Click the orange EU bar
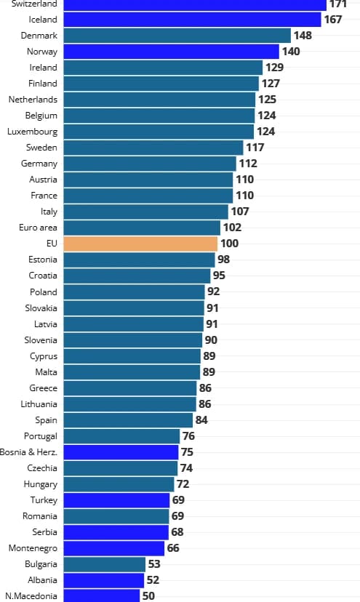(x=140, y=244)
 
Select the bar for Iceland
(x=192, y=20)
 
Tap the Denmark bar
(x=177, y=36)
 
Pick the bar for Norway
(x=171, y=52)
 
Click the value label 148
(x=303, y=36)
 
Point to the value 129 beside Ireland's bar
(x=274, y=68)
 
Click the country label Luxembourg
(x=32, y=132)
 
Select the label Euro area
(x=38, y=228)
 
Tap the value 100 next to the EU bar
(x=229, y=244)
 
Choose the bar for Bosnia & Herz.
(x=121, y=451)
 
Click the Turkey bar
(x=116, y=499)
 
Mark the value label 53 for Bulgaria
(x=155, y=563)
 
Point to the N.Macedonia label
(x=31, y=595)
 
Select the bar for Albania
(x=103, y=579)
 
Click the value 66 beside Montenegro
(x=173, y=547)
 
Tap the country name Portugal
(x=40, y=436)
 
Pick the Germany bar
(x=150, y=164)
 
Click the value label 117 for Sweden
(x=255, y=148)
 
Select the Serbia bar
(x=116, y=531)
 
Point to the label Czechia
(x=42, y=467)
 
